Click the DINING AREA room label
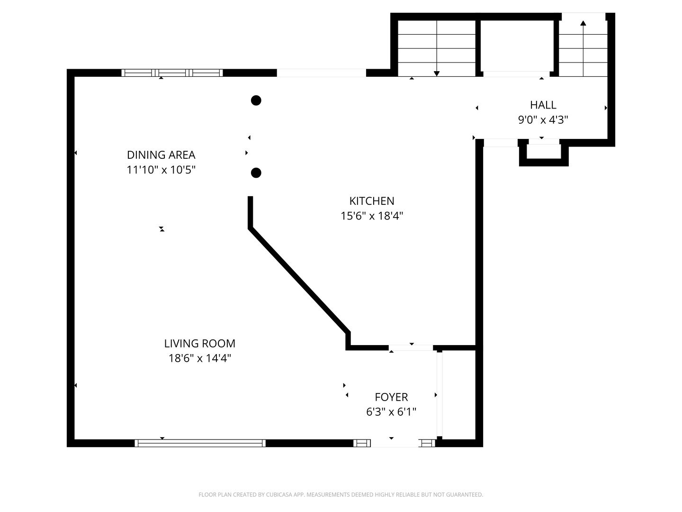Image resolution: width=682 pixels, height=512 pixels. [x=161, y=155]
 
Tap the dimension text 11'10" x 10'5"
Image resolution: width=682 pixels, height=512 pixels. [x=161, y=170]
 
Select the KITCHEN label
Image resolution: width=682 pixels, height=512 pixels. [x=372, y=201]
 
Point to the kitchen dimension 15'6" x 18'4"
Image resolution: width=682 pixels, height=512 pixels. [x=372, y=216]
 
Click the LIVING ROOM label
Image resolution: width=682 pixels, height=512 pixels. [x=199, y=344]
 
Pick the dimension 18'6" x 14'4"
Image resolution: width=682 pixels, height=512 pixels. [x=199, y=358]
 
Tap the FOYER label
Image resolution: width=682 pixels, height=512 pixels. [x=391, y=397]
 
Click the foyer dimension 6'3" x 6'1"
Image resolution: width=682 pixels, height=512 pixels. [x=391, y=412]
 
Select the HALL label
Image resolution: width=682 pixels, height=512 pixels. [x=543, y=105]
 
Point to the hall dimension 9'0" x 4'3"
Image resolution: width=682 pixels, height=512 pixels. [x=543, y=120]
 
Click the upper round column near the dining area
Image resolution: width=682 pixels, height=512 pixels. [x=256, y=100]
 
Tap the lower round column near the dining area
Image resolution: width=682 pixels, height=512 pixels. [x=256, y=173]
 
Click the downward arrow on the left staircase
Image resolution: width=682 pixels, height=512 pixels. [x=437, y=73]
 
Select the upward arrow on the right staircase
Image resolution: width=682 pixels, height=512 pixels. [x=583, y=23]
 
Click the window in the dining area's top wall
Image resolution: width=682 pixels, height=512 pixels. [x=172, y=73]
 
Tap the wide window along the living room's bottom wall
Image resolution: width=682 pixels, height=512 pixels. [x=200, y=443]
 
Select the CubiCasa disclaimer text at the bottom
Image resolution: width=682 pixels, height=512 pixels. [x=341, y=495]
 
